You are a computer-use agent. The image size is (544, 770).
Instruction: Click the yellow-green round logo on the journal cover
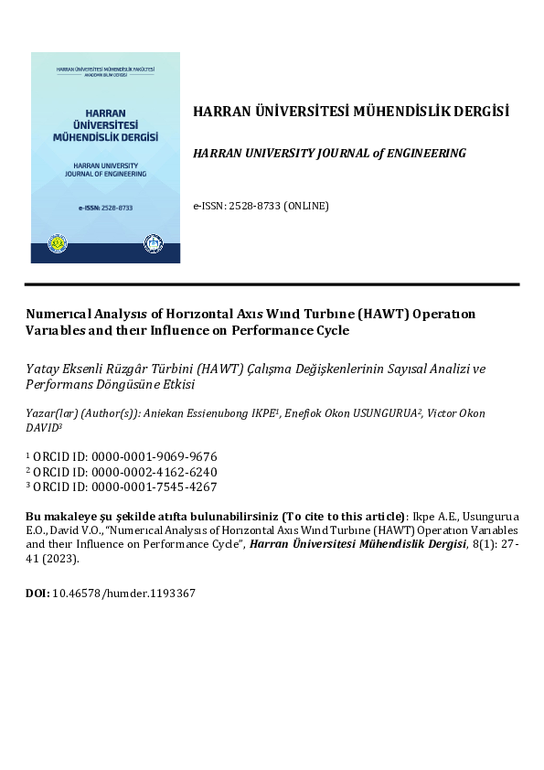(x=57, y=244)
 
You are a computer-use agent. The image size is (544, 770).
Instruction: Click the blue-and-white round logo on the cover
(x=153, y=244)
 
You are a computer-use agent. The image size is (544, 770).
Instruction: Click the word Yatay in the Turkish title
(x=41, y=369)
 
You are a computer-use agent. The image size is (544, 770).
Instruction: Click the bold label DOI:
(x=37, y=593)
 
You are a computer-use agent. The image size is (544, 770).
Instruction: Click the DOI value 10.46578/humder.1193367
(x=124, y=593)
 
